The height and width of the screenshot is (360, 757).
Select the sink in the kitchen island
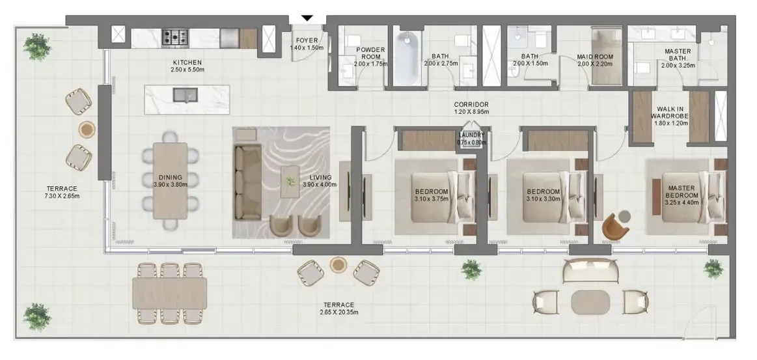click(186, 95)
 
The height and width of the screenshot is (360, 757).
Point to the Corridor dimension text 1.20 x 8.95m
click(471, 112)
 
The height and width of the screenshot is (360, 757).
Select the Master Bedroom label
click(681, 191)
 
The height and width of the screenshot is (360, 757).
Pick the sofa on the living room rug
click(247, 176)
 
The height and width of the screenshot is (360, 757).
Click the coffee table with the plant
click(290, 182)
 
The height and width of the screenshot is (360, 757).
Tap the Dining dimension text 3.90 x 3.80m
click(171, 184)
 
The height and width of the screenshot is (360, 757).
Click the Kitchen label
click(187, 62)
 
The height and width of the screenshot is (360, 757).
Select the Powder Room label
click(370, 53)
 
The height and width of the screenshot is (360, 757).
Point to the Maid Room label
click(595, 57)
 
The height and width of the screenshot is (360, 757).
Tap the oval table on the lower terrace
click(590, 302)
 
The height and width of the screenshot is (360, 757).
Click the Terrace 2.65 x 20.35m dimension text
click(339, 312)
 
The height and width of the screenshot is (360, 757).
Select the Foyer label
click(307, 40)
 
